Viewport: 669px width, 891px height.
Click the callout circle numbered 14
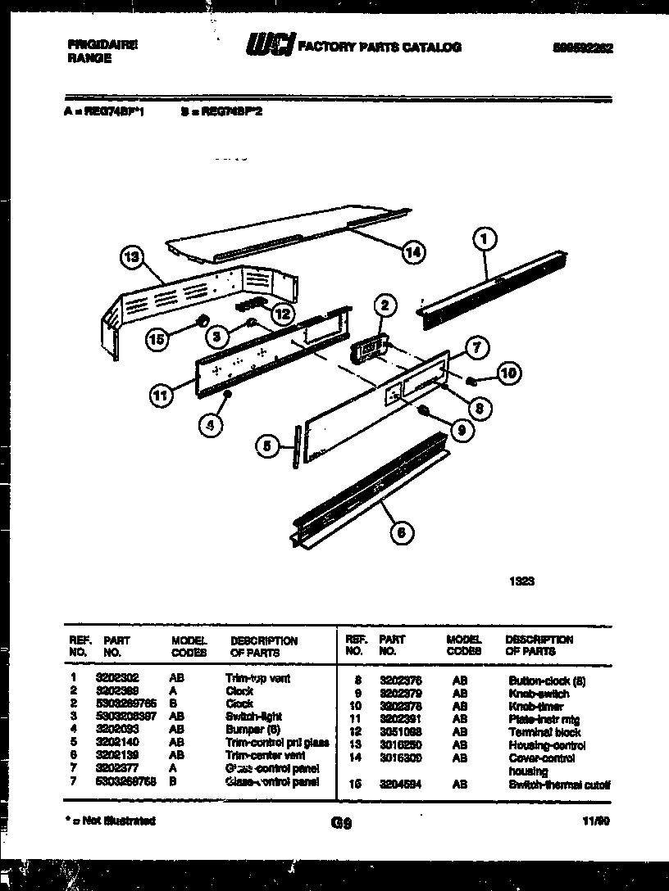pos(414,253)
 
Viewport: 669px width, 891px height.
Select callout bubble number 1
pos(485,239)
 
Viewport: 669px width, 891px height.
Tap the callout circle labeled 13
pos(131,258)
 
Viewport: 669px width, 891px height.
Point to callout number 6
pos(401,533)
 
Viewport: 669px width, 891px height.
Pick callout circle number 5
pos(266,446)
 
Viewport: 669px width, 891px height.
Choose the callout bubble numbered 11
pos(162,396)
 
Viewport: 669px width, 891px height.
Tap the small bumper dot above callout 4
pos(228,396)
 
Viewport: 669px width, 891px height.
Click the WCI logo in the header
pos(268,48)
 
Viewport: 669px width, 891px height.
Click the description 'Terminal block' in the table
pos(544,732)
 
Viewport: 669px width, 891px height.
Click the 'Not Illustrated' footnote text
pos(112,821)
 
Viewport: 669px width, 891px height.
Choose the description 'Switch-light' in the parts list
pos(253,717)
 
